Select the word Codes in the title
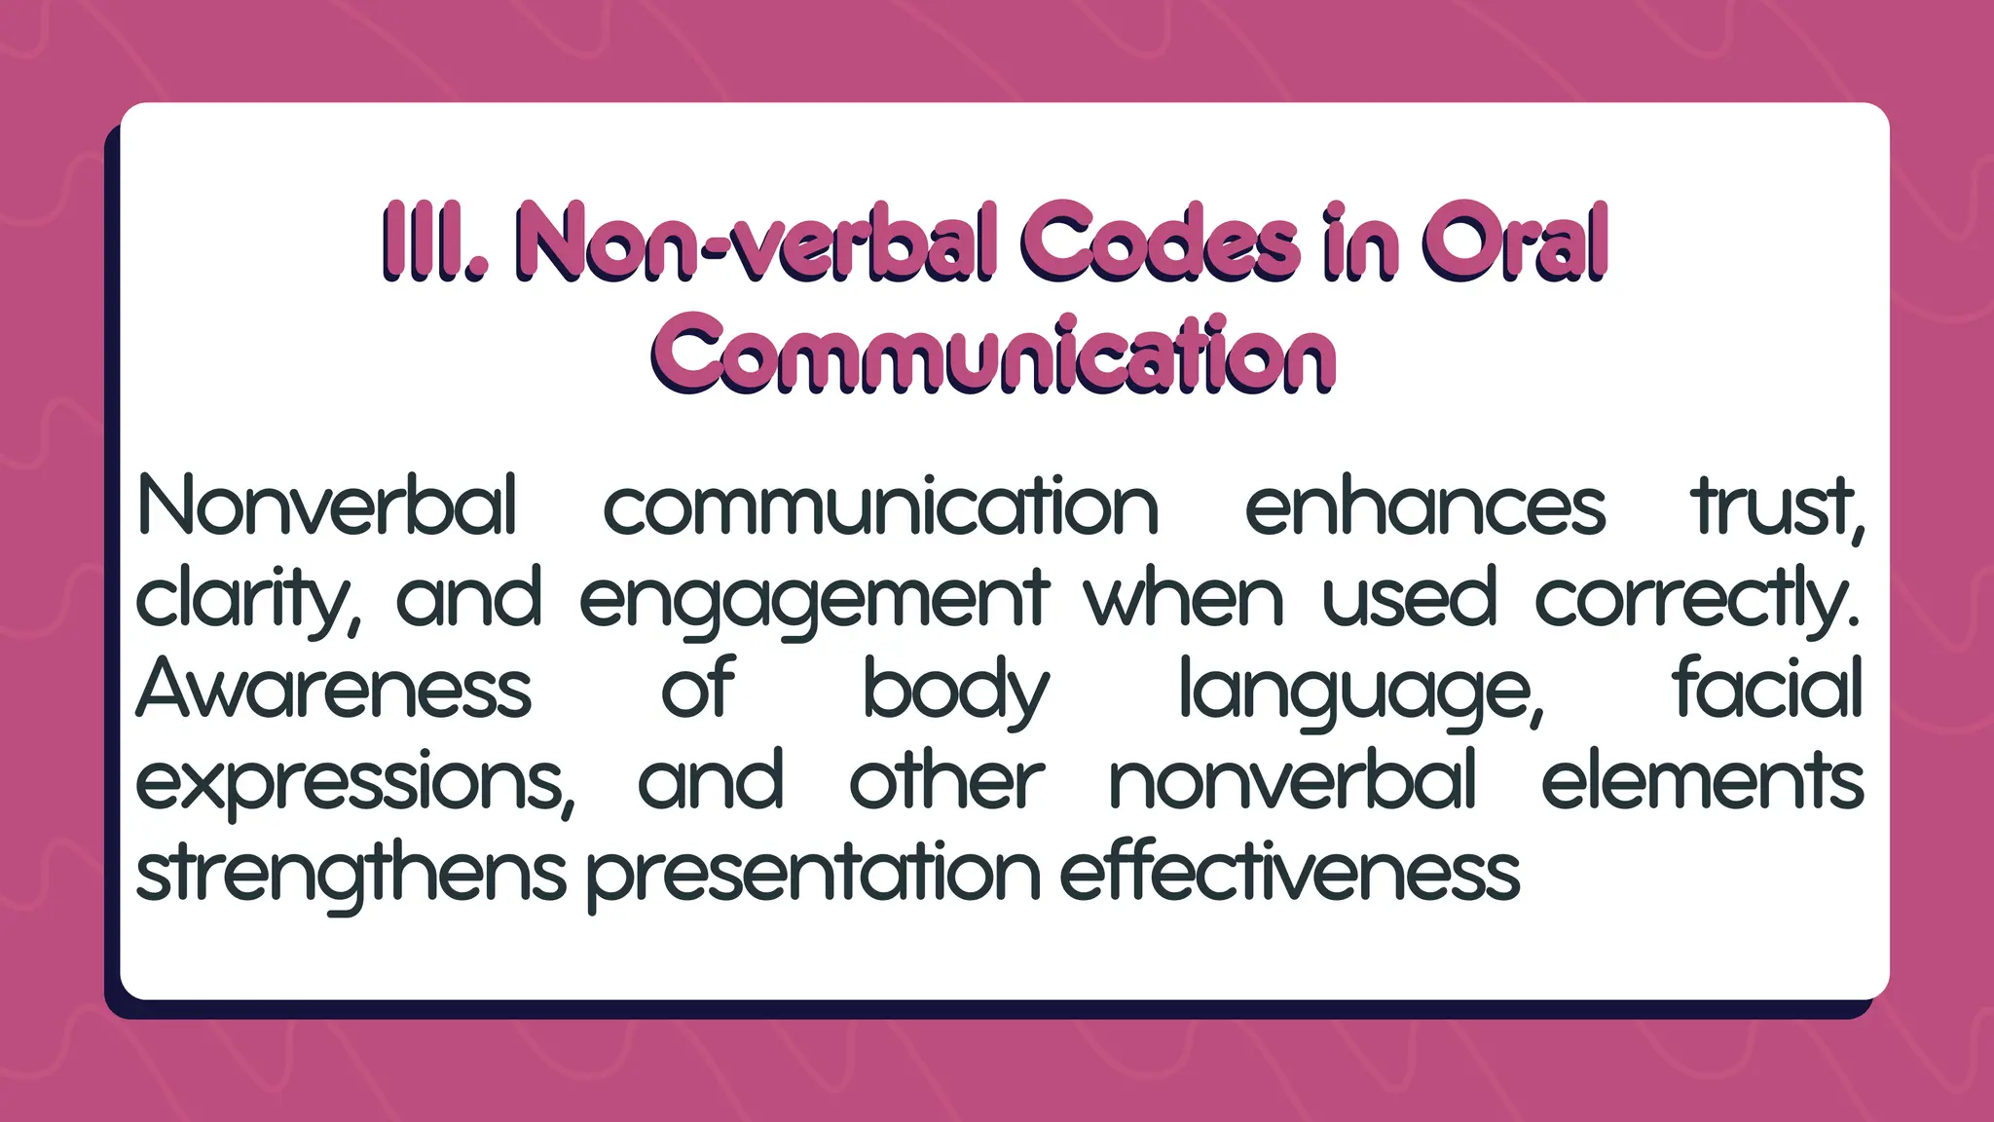point(1160,242)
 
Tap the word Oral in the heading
point(1513,242)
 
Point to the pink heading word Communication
point(993,355)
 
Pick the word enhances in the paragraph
point(1424,506)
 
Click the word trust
point(1777,506)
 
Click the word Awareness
point(334,689)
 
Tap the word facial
point(1767,687)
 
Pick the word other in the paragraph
point(946,780)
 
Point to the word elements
point(1702,780)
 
